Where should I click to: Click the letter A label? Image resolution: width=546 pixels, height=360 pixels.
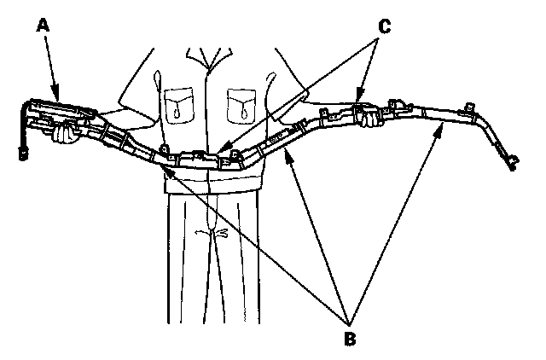[x=43, y=25]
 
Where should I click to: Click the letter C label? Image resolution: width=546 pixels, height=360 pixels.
[x=384, y=26]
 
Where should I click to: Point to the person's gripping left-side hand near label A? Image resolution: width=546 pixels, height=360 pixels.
[x=63, y=132]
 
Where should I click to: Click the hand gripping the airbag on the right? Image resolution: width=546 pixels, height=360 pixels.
[x=368, y=119]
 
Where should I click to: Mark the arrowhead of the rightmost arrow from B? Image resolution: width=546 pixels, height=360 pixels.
[x=440, y=125]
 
